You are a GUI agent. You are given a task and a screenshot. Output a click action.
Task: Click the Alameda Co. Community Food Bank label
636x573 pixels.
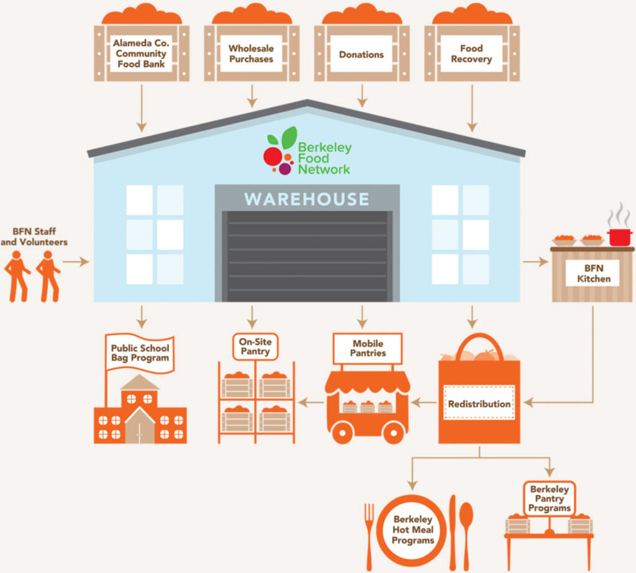tap(141, 53)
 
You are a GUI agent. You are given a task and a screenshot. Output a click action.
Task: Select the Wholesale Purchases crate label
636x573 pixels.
tap(251, 53)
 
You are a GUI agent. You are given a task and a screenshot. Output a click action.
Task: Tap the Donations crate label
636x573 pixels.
tap(361, 54)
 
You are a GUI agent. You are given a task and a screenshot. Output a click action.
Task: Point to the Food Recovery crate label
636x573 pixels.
tap(471, 53)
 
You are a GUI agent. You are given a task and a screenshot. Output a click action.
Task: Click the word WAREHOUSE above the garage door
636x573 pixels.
tap(307, 199)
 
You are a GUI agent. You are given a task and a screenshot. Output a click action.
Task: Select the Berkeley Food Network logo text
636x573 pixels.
tap(324, 158)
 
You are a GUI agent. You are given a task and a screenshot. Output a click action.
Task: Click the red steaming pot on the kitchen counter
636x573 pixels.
tap(619, 237)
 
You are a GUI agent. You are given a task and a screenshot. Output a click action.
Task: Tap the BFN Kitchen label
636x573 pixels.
tap(593, 273)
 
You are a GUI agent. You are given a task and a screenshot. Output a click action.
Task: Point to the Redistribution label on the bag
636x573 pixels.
tap(479, 404)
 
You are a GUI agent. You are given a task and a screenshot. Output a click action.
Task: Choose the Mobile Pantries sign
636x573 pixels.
tap(368, 348)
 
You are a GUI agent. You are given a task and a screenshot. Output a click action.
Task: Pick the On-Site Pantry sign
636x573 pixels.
tap(255, 346)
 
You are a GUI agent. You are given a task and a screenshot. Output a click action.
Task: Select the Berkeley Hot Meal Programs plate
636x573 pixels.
tap(413, 530)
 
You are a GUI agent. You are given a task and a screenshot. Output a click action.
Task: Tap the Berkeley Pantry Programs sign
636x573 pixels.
tap(549, 499)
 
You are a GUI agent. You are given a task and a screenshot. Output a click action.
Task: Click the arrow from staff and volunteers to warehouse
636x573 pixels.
tap(76, 261)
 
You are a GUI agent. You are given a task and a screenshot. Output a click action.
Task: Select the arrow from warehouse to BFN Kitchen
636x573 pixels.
tap(535, 261)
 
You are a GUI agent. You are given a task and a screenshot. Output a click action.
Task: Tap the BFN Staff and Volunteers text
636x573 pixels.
tap(34, 237)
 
